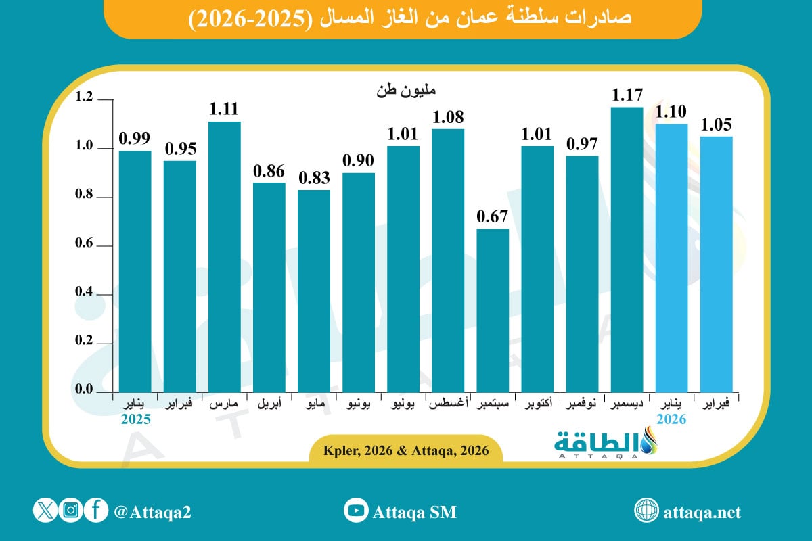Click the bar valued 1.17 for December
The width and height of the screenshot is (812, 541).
coord(627,250)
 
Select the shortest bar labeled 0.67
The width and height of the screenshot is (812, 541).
coord(493,311)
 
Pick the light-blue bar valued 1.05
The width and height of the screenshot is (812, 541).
coord(716,264)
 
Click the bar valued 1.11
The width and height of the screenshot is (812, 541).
coord(225,257)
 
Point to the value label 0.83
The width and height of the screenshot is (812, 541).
coord(314,179)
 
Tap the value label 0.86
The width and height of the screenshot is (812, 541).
coord(269,171)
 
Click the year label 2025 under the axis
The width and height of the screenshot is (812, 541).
coord(135,419)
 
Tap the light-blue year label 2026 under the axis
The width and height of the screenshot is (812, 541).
coord(671,419)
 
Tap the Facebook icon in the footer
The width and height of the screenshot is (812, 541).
coord(96,511)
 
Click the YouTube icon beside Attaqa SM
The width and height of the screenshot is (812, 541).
coord(355,511)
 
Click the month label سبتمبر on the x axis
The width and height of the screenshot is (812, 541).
coord(493,404)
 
